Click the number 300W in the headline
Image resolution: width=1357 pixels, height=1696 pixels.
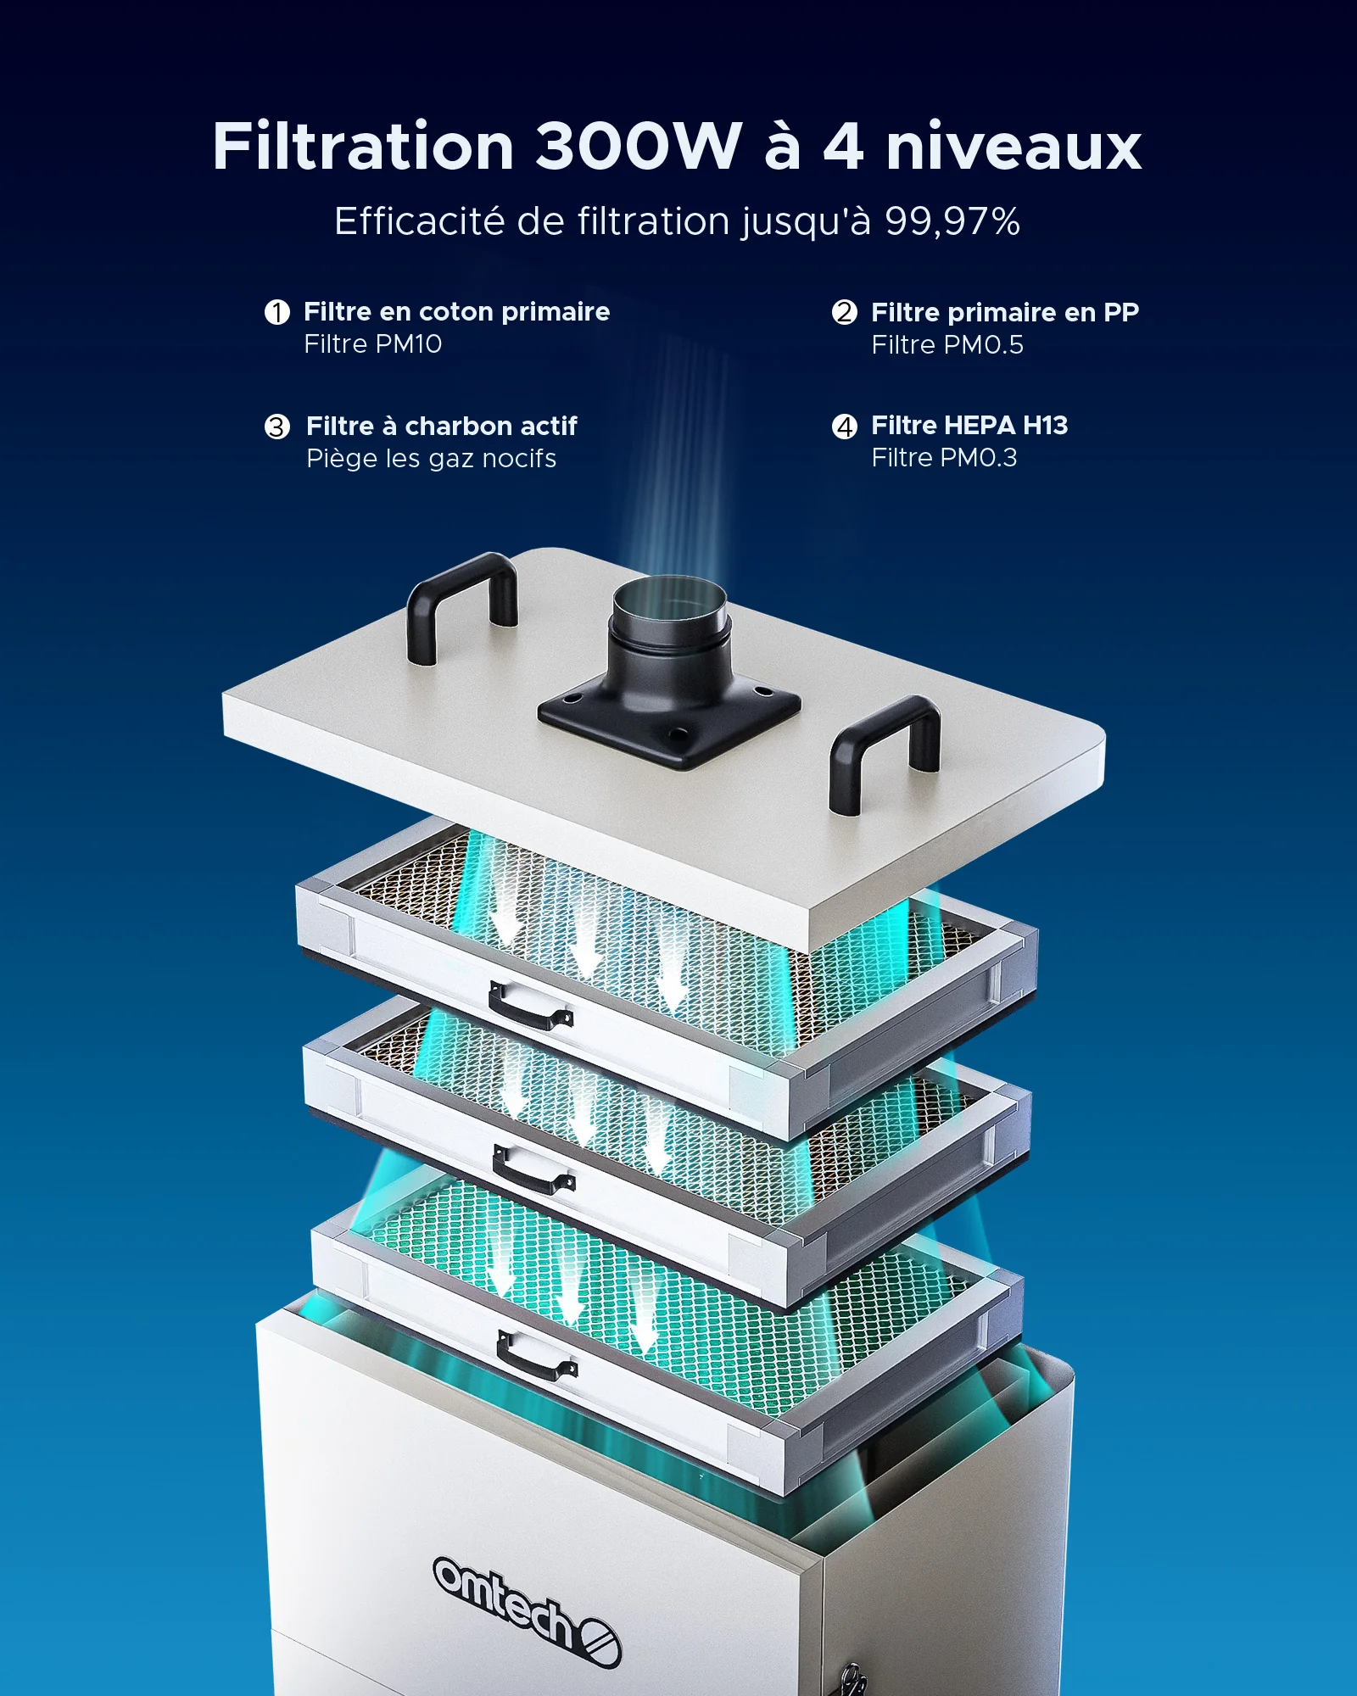[x=638, y=146]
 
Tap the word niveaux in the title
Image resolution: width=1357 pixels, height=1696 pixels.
[x=1014, y=146]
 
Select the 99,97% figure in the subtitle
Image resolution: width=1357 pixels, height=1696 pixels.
[x=952, y=221]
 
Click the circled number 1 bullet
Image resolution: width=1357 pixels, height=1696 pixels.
[x=277, y=312]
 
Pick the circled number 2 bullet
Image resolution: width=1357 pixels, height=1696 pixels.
[x=845, y=312]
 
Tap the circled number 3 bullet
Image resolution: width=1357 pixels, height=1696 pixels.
[x=277, y=427]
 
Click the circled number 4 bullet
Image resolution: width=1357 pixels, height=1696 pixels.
[x=845, y=427]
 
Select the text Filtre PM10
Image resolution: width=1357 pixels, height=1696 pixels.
[x=372, y=344]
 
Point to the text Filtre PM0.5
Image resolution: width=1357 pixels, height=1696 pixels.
[x=947, y=345]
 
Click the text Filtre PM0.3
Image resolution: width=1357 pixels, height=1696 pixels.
[x=943, y=458]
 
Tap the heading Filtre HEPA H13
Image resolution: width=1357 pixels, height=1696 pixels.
[x=969, y=425]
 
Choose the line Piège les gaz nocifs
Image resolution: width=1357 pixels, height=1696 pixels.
[x=431, y=459]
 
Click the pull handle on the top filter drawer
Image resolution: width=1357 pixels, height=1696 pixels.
[x=531, y=1005]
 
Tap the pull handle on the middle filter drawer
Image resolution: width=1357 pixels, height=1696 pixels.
[x=533, y=1168]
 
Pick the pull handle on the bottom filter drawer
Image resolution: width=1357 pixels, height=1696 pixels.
[x=536, y=1354]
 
